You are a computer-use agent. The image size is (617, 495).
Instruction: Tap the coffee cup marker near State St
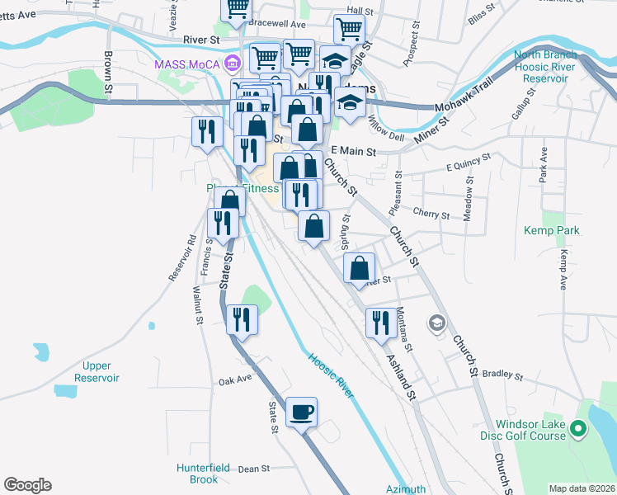[x=301, y=411]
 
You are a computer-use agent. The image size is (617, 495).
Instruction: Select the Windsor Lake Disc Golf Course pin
[x=578, y=428]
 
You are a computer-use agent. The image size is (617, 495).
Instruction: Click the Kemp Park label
[x=551, y=231]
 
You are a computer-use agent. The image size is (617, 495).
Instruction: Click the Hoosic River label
[x=331, y=376]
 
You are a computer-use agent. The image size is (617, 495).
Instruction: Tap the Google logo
[x=27, y=485]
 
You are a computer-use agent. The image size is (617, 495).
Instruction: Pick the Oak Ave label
[x=234, y=381]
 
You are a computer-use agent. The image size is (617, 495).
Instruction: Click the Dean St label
[x=253, y=469]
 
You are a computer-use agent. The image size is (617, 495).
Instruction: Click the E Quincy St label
[x=468, y=161]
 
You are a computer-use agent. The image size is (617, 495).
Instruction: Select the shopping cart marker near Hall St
[x=349, y=30]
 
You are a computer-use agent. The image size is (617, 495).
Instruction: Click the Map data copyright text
[x=581, y=488]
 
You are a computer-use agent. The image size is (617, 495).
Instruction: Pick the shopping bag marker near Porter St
[x=360, y=268]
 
